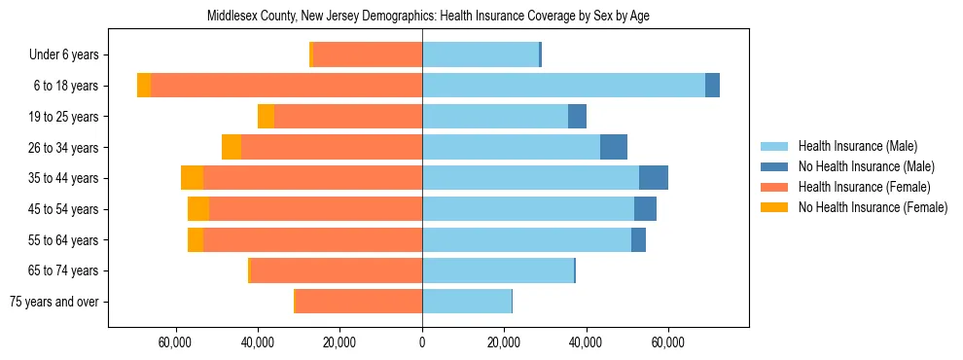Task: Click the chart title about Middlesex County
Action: (x=428, y=17)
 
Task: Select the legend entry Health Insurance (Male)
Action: (x=856, y=146)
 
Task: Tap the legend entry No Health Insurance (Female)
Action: (x=873, y=207)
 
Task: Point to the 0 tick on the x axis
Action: (x=422, y=342)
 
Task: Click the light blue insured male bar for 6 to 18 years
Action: (x=564, y=86)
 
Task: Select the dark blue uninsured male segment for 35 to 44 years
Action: (x=654, y=178)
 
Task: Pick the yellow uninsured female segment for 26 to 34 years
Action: (x=232, y=147)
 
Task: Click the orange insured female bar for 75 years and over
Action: (x=358, y=302)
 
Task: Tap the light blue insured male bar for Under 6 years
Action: (x=481, y=54)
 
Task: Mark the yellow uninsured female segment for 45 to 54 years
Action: (x=198, y=209)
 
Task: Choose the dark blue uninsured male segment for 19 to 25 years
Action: (x=578, y=117)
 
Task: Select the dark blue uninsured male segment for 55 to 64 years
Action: (x=638, y=239)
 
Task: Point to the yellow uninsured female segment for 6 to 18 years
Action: (x=144, y=86)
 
